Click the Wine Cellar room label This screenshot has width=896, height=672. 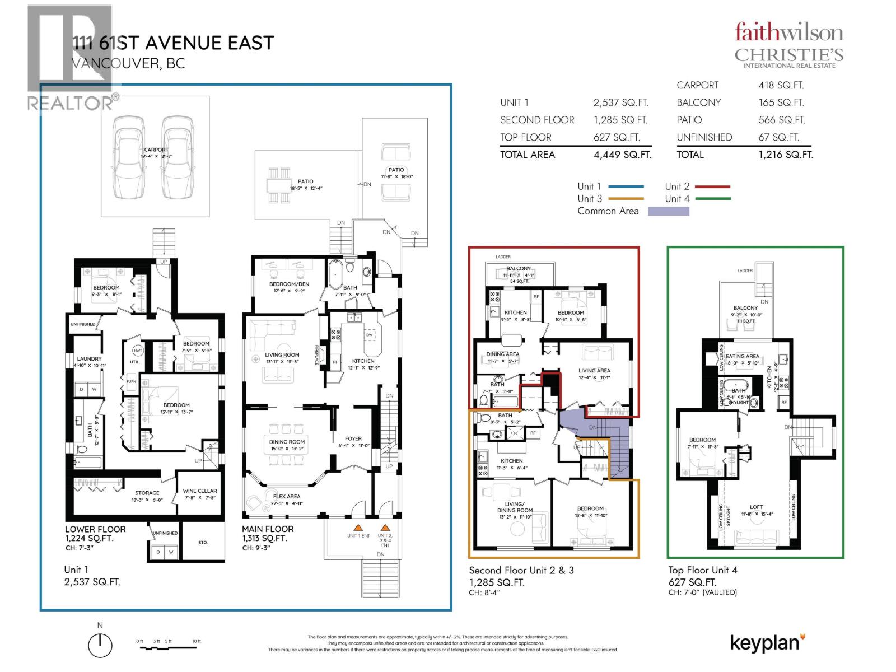[200, 491]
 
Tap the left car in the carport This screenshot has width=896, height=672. [129, 157]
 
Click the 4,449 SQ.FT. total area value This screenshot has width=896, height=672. [622, 155]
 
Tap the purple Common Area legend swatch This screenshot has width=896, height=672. [668, 211]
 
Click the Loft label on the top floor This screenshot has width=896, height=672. [756, 507]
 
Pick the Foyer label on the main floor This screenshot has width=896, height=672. [353, 438]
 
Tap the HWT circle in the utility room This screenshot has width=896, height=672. [138, 351]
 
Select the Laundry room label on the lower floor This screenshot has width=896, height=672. [90, 358]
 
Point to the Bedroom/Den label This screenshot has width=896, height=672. [289, 284]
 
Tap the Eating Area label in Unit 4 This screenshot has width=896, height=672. [742, 356]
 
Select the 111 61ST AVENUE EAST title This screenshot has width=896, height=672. [173, 43]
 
